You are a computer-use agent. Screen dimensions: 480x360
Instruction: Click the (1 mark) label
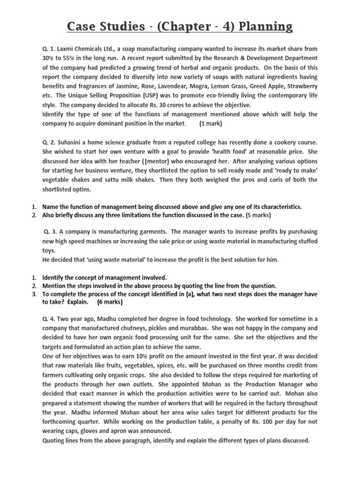pyautogui.click(x=210, y=124)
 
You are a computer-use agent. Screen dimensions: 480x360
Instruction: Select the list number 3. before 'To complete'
pyautogui.click(x=34, y=294)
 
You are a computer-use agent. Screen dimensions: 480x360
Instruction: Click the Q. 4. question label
pyautogui.click(x=51, y=318)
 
